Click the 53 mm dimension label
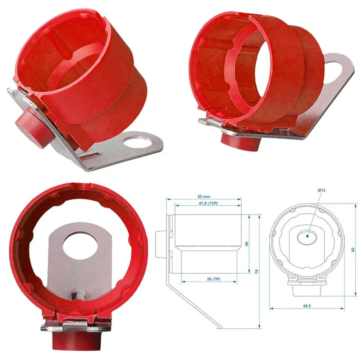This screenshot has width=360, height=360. [204, 196]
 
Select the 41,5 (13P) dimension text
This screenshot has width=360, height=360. [208, 203]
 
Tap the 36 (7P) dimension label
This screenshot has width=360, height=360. [213, 279]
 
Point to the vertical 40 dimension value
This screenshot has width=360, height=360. [247, 243]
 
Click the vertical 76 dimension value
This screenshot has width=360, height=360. [257, 271]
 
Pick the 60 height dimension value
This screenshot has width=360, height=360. [353, 250]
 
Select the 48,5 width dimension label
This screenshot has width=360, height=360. [307, 306]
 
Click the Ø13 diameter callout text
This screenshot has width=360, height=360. [322, 190]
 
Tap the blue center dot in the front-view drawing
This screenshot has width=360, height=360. [307, 236]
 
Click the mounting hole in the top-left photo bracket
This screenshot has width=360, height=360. [137, 143]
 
